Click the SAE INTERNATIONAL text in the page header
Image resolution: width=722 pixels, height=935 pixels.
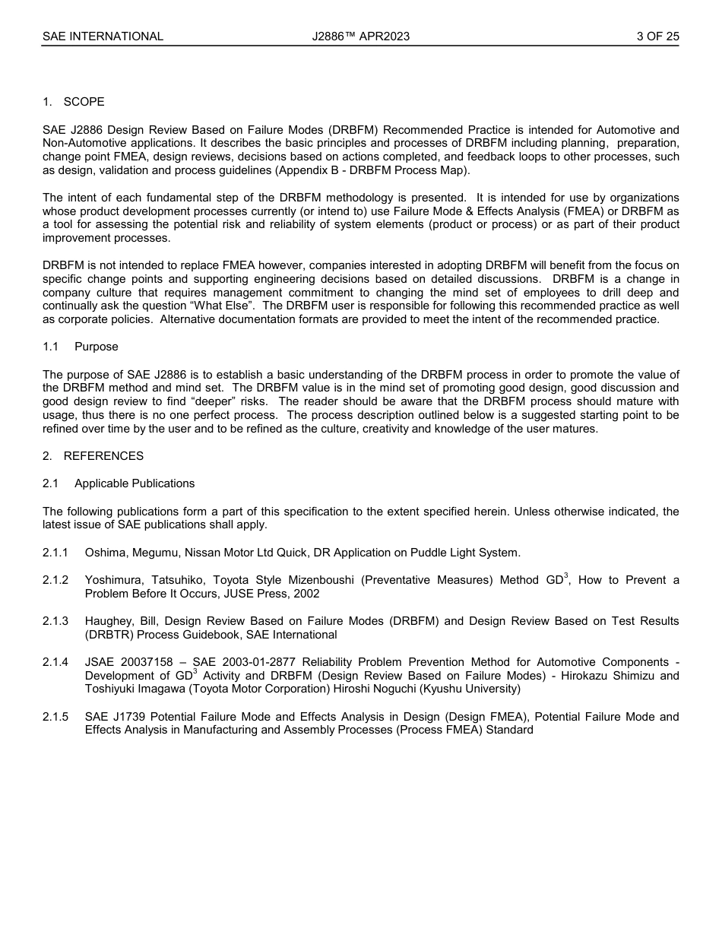pyautogui.click(x=103, y=36)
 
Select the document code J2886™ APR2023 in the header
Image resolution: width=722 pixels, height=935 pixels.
pyautogui.click(x=360, y=36)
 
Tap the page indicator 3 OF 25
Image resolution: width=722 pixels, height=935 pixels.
pyautogui.click(x=657, y=36)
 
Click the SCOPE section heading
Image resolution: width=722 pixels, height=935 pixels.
pyautogui.click(x=84, y=102)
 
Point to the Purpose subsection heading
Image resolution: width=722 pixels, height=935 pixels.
pyautogui.click(x=96, y=347)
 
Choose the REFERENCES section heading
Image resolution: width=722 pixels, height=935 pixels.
pyautogui.click(x=103, y=456)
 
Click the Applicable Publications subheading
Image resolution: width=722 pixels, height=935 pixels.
pyautogui.click(x=135, y=483)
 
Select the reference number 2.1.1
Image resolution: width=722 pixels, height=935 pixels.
pyautogui.click(x=55, y=553)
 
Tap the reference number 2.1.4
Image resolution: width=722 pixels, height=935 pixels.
pyautogui.click(x=55, y=662)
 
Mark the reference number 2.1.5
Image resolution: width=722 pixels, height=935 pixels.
pyautogui.click(x=55, y=717)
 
